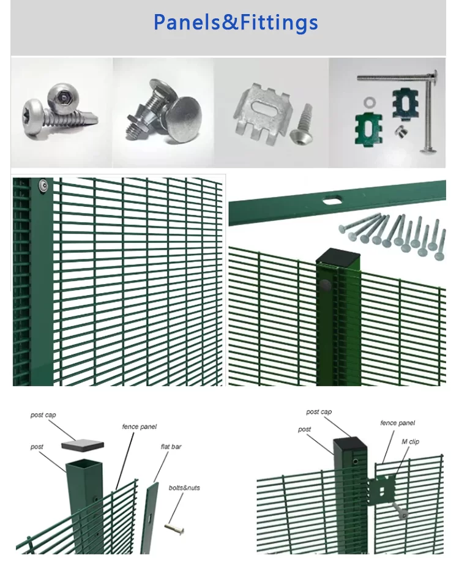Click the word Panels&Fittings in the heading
tap(236, 23)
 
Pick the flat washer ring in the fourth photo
tap(370, 99)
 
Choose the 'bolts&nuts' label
tap(184, 488)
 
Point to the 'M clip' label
tap(410, 441)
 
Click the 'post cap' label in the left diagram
tap(43, 415)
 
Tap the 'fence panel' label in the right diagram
tap(397, 423)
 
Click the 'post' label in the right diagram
tap(304, 429)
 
